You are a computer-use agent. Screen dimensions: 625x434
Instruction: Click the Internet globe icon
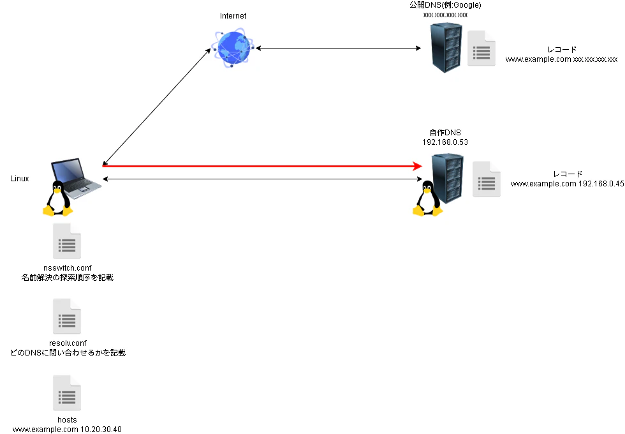click(x=233, y=47)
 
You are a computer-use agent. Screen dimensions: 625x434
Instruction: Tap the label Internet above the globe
click(x=233, y=16)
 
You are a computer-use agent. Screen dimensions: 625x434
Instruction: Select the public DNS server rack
click(x=446, y=48)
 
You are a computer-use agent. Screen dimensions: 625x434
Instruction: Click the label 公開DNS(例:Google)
click(x=445, y=5)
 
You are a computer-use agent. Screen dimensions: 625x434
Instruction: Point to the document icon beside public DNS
click(x=482, y=49)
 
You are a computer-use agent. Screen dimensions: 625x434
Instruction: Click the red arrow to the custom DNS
click(x=262, y=166)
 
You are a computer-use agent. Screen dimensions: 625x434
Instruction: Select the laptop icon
click(x=76, y=178)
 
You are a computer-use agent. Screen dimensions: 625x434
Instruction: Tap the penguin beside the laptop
click(x=58, y=198)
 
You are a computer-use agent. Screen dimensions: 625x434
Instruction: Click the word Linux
click(x=20, y=179)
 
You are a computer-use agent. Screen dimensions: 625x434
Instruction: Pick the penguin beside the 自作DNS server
click(x=428, y=198)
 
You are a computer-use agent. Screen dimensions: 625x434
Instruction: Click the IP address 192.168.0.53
click(x=445, y=142)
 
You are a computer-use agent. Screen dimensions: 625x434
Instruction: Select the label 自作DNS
click(x=445, y=133)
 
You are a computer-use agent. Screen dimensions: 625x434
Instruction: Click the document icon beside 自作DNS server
click(x=486, y=179)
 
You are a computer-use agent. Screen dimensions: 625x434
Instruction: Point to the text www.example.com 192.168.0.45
click(x=567, y=184)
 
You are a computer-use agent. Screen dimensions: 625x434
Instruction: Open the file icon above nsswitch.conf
click(x=67, y=241)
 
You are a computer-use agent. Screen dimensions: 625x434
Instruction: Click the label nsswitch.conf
click(x=68, y=268)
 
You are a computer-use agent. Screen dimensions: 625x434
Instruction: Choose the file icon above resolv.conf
click(x=67, y=317)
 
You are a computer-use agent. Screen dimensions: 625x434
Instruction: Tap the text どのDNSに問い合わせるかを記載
click(x=68, y=353)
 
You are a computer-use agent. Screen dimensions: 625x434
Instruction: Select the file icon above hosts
click(x=67, y=393)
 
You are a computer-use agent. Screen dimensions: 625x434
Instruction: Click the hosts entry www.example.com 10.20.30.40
click(x=67, y=430)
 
